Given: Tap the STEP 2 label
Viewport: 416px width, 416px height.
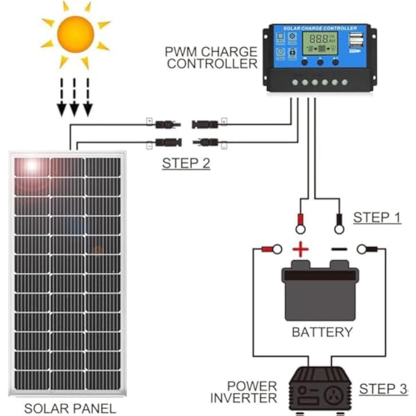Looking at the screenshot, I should [186, 164].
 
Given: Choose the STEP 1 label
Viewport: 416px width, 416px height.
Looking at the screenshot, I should [377, 217].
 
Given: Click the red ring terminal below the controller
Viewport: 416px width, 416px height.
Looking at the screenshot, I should [302, 224].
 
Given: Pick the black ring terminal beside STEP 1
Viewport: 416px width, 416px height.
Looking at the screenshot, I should [339, 224].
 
